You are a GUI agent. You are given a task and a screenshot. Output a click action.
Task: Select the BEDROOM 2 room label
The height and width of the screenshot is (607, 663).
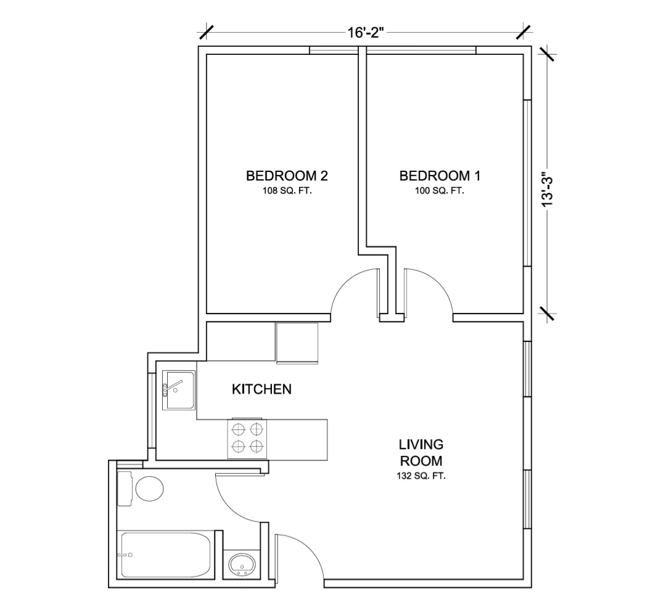(287, 176)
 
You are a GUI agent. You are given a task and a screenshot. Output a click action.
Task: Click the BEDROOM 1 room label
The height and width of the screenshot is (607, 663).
(440, 176)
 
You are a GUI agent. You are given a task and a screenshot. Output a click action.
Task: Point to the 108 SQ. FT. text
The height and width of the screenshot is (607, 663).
(287, 191)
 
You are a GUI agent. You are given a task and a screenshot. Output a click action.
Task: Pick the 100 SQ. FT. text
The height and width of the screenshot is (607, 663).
(440, 191)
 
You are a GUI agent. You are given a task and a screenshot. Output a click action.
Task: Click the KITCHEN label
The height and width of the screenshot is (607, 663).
(261, 389)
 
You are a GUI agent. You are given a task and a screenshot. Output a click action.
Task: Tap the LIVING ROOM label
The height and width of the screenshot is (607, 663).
(421, 452)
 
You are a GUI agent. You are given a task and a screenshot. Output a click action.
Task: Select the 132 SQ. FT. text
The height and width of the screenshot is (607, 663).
(421, 476)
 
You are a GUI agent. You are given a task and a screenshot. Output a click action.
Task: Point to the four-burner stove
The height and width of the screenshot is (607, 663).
(248, 439)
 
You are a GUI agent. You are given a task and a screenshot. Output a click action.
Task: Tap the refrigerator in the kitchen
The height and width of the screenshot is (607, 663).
(297, 343)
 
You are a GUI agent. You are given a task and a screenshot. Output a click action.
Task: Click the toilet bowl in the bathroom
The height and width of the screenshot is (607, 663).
(149, 489)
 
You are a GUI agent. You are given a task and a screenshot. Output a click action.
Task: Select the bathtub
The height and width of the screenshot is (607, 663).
(166, 555)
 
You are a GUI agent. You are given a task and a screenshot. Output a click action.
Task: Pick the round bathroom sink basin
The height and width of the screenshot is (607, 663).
(242, 564)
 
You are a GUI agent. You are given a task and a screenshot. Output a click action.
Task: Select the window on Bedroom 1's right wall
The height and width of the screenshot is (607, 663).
(527, 183)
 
